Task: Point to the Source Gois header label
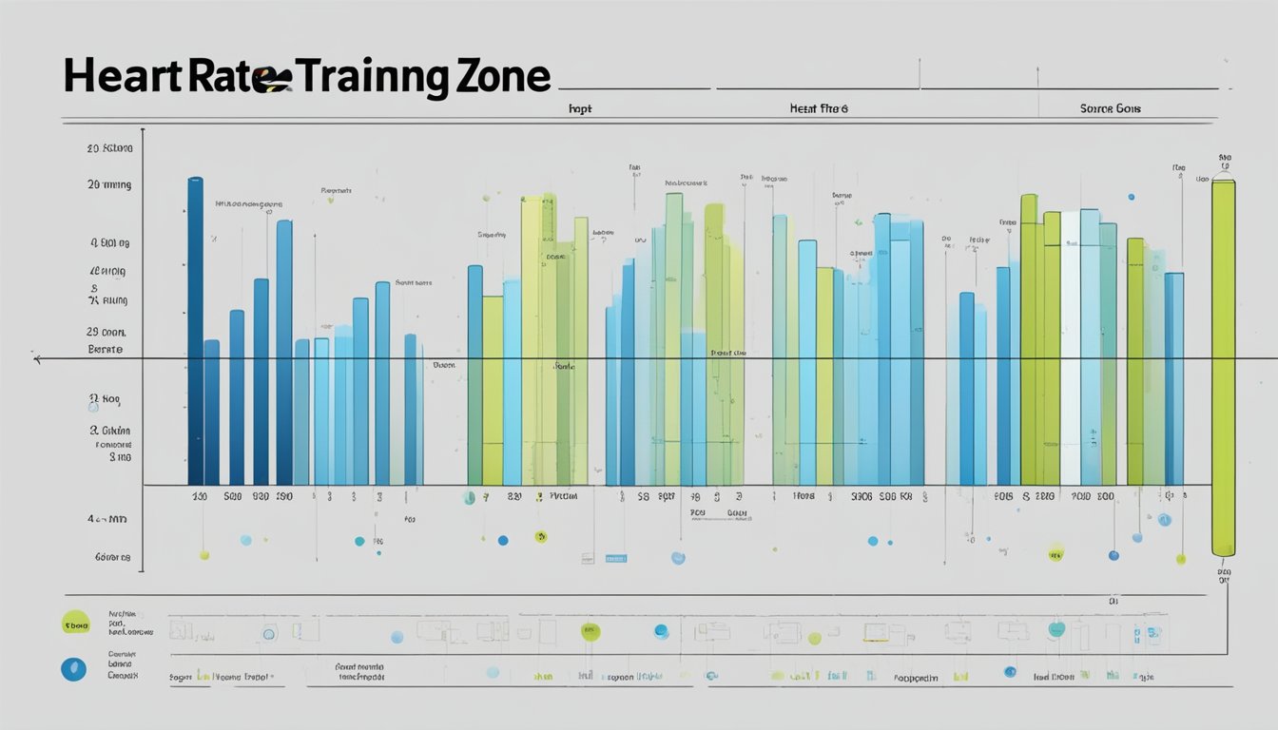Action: point(1110,109)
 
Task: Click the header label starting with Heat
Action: point(818,109)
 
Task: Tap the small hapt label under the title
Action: point(579,109)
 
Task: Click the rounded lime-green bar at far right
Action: point(1223,366)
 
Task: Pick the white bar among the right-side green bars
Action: point(1070,348)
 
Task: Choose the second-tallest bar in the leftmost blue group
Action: point(284,352)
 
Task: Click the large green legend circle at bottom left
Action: point(75,623)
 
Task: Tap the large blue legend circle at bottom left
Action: point(73,669)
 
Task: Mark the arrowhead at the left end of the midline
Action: point(36,358)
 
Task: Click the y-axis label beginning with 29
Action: point(106,333)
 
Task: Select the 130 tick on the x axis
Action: point(199,496)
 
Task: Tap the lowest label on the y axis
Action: point(112,558)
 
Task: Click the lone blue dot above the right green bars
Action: point(1131,197)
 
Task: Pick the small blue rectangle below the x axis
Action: point(615,559)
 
